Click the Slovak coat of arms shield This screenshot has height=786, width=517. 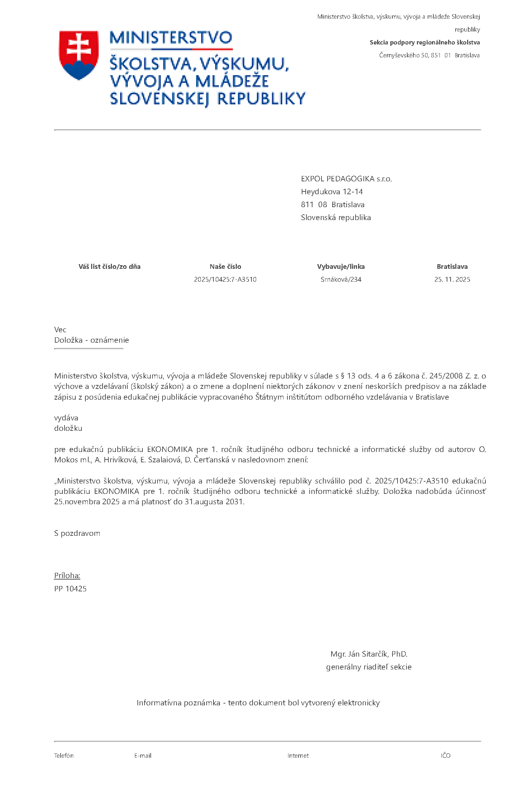pyautogui.click(x=79, y=54)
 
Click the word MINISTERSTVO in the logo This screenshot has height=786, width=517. pyautogui.click(x=171, y=38)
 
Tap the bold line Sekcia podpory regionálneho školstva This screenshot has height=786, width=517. pyautogui.click(x=424, y=42)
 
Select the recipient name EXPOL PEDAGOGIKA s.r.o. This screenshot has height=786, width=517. pyautogui.click(x=346, y=179)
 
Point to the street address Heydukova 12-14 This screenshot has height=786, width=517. pyautogui.click(x=332, y=192)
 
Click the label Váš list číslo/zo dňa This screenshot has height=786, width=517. pyautogui.click(x=109, y=267)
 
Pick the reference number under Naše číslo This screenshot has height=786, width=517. pyautogui.click(x=225, y=280)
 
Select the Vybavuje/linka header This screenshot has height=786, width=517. pyautogui.click(x=341, y=267)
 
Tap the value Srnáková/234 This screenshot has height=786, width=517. pyautogui.click(x=341, y=280)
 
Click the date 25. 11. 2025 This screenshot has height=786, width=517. pyautogui.click(x=452, y=280)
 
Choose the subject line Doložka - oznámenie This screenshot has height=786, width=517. pyautogui.click(x=91, y=340)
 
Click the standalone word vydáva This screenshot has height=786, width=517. pyautogui.click(x=66, y=418)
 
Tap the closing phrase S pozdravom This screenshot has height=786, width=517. pyautogui.click(x=77, y=533)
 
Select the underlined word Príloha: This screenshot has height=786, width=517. pyautogui.click(x=67, y=576)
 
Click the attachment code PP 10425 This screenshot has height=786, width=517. pyautogui.click(x=70, y=589)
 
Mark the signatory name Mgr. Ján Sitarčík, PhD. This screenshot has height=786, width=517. pyautogui.click(x=369, y=654)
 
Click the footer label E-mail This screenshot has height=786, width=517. pyautogui.click(x=143, y=756)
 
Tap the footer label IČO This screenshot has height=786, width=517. pyautogui.click(x=445, y=756)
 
